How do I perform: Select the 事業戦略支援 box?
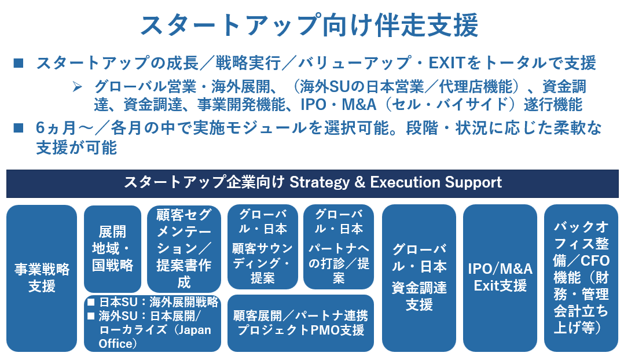click(x=42, y=278)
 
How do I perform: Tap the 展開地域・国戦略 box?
click(x=113, y=249)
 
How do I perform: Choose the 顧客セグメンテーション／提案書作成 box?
click(x=184, y=249)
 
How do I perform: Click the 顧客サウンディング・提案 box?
click(x=263, y=247)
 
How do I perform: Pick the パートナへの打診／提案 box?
click(x=339, y=247)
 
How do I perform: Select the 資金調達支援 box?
click(x=419, y=278)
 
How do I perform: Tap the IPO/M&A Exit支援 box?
click(x=500, y=278)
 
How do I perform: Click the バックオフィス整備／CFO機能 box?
click(x=581, y=278)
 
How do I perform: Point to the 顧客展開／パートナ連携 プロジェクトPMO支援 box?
click(x=300, y=323)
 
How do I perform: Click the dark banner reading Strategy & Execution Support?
click(x=312, y=183)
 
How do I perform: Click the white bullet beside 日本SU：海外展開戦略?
click(x=91, y=302)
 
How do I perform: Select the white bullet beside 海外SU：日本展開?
click(x=91, y=317)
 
